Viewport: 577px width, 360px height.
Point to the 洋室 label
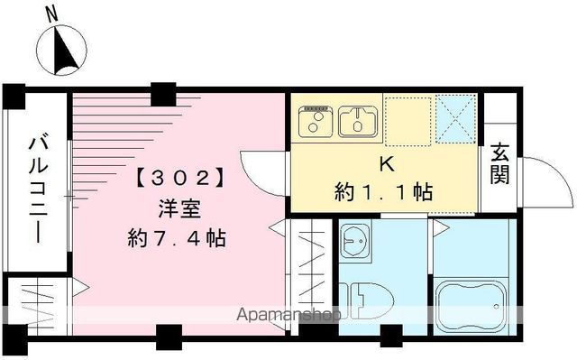click(x=177, y=207)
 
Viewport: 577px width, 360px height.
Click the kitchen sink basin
click(x=359, y=119)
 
